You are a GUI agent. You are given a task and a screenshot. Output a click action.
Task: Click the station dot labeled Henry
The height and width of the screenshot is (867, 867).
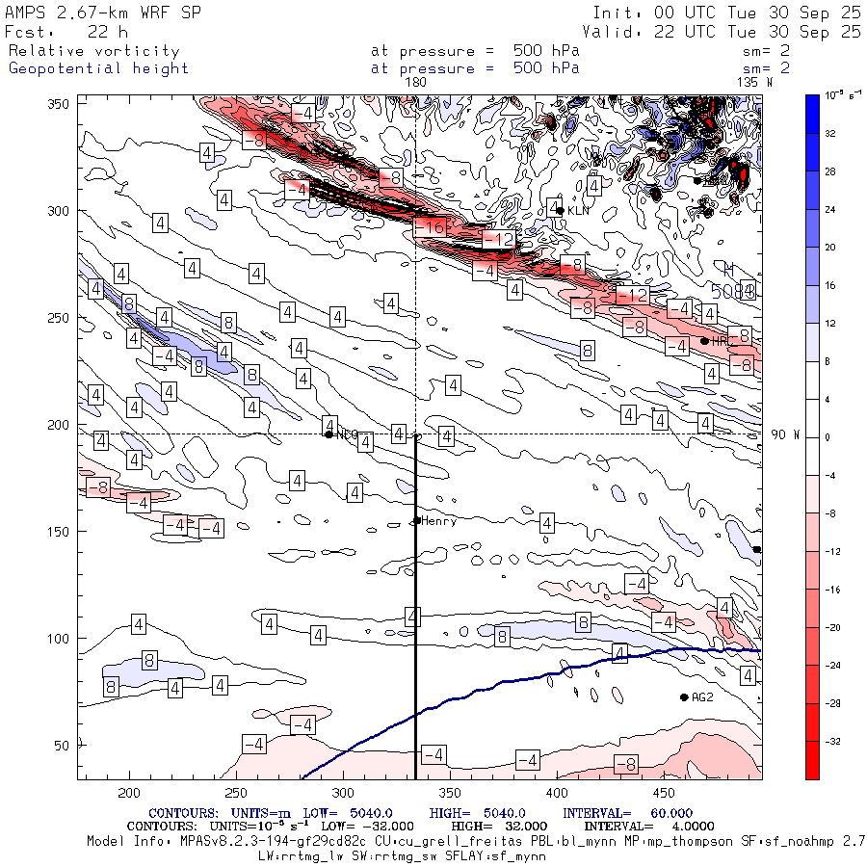coord(416,521)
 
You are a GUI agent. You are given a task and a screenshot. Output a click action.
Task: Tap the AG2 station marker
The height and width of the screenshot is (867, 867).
coord(684,697)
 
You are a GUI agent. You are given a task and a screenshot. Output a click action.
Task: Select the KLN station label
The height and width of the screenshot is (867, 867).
coord(577,210)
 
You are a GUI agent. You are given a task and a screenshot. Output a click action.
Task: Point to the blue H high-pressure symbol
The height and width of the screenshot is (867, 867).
coord(729,270)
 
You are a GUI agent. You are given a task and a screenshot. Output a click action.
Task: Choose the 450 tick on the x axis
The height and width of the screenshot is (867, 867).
coord(664,793)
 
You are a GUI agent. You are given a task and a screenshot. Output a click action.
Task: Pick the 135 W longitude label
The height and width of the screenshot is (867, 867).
coord(754,83)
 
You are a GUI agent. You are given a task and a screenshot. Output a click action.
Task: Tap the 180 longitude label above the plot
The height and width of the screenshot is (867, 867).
coord(415,83)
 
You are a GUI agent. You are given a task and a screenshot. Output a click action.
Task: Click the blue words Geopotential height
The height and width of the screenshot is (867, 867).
coord(98,68)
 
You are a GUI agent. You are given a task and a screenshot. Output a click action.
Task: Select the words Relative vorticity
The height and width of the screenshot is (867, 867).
coord(93,51)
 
